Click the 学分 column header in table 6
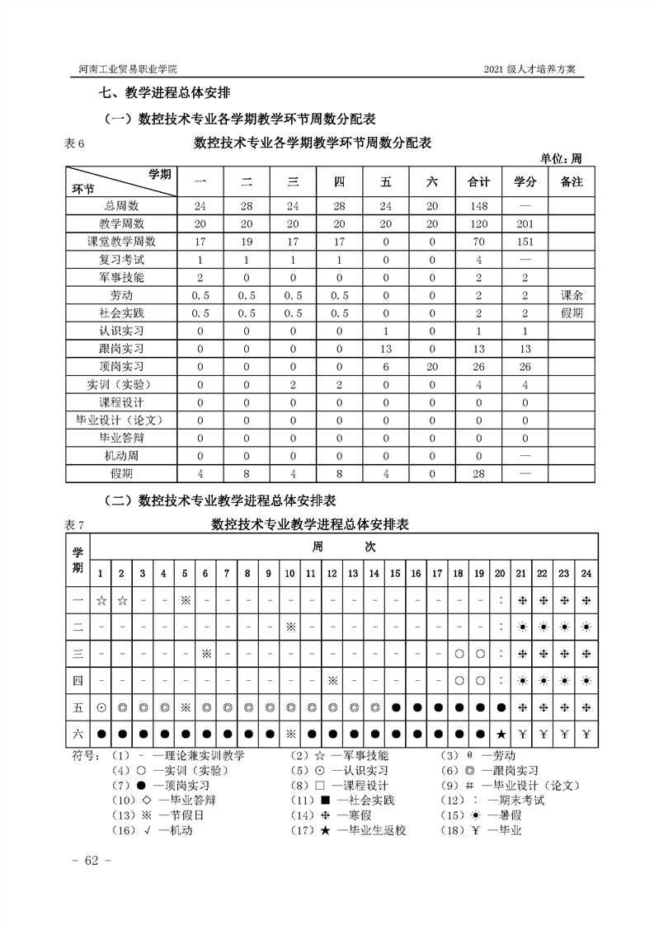[x=525, y=182]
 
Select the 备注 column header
[x=571, y=182]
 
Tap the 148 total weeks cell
[x=479, y=205]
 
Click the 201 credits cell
[x=525, y=223]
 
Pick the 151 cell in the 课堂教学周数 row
[x=525, y=242]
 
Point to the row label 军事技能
[x=121, y=277]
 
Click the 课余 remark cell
[x=571, y=295]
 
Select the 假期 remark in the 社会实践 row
[x=571, y=312]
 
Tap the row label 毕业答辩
[x=121, y=438]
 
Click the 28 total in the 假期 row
[x=479, y=474]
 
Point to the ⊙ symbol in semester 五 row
[x=101, y=707]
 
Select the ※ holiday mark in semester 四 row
[x=332, y=681]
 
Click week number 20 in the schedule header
[x=501, y=574]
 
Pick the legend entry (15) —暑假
[x=483, y=815]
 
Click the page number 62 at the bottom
[x=87, y=862]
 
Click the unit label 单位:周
[x=561, y=158]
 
